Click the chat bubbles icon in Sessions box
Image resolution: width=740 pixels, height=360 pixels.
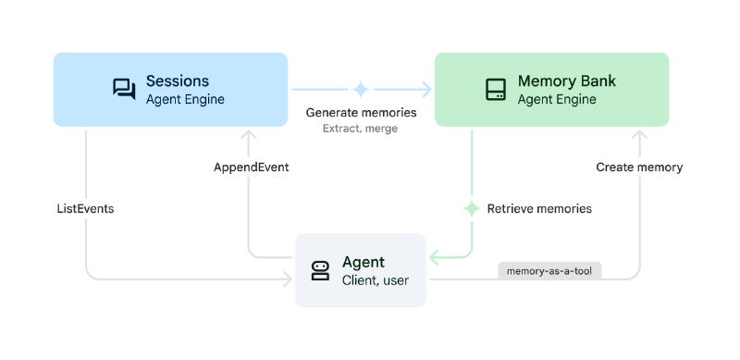(124, 89)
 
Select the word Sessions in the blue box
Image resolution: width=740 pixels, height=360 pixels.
(178, 81)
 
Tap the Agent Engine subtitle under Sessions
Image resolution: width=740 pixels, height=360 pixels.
(185, 99)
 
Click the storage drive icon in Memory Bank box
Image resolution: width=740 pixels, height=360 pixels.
(496, 90)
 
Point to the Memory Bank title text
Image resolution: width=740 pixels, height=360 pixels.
(566, 81)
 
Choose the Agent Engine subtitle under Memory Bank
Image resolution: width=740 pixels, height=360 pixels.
(557, 99)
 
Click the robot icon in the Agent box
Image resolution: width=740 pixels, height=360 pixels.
(320, 270)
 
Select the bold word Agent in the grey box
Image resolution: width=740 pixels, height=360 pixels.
(363, 262)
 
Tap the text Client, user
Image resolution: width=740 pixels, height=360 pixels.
(375, 280)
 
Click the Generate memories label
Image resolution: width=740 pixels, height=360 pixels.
(361, 113)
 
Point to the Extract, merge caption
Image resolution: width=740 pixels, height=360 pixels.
(360, 129)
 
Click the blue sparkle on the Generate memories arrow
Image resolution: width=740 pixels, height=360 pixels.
(361, 89)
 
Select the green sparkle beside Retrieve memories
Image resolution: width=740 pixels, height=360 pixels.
(472, 208)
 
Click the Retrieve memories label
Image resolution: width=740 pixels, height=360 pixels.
(539, 208)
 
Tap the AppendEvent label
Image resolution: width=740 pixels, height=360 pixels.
(251, 168)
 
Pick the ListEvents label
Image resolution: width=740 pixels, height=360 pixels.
(85, 208)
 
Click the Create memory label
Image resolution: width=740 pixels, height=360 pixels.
(639, 168)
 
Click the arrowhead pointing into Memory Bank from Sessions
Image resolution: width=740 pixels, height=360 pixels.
(427, 89)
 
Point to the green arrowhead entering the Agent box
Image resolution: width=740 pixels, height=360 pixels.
(432, 256)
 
